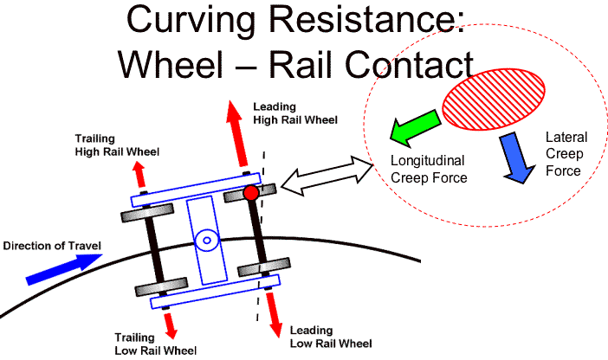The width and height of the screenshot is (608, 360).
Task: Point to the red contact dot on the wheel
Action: tap(251, 193)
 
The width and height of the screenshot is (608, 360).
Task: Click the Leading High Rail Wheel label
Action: tap(294, 112)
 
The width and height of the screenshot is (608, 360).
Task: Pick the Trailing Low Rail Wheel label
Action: tap(156, 343)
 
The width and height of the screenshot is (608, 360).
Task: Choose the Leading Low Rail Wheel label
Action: tap(329, 337)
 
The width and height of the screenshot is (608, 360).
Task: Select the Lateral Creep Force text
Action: tap(566, 153)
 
